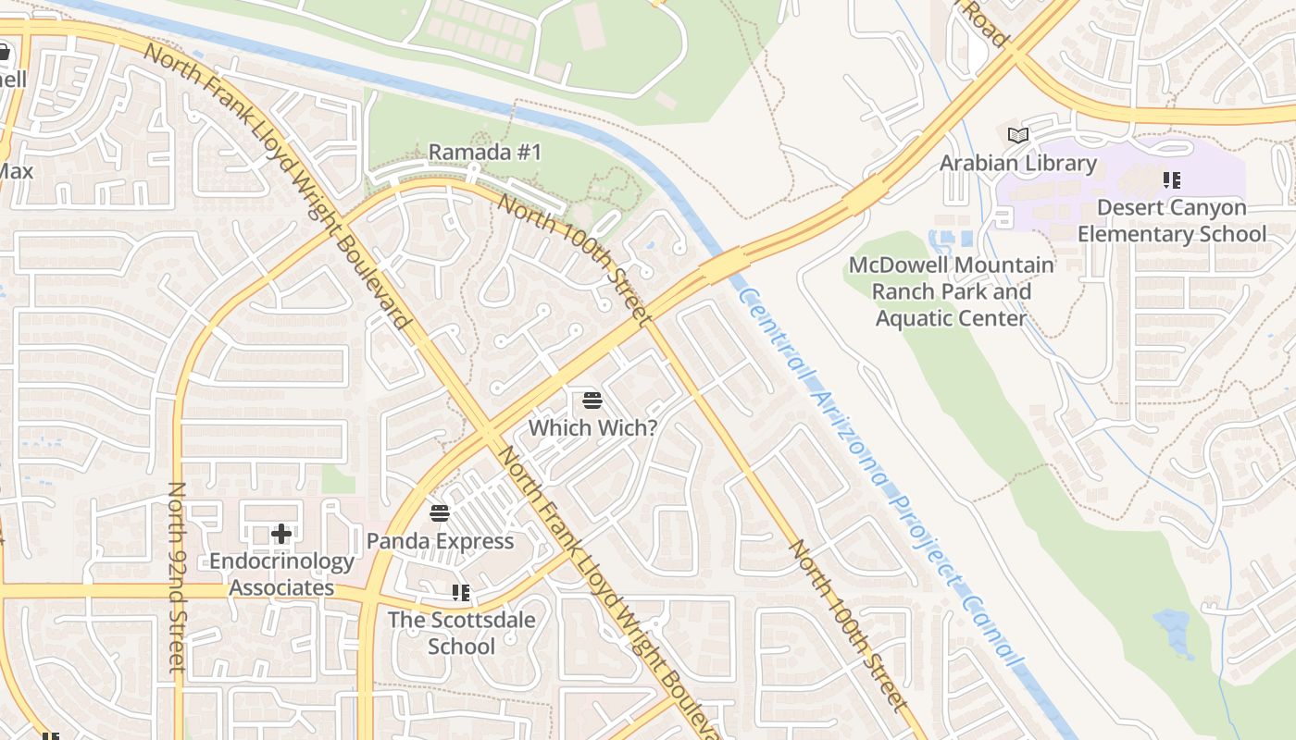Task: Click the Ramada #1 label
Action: [484, 153]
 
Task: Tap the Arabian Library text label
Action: [1018, 164]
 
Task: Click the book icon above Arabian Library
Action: [1018, 136]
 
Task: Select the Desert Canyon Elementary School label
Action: [1171, 221]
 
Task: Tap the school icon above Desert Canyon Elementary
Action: [1172, 179]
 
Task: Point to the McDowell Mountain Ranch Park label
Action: [952, 291]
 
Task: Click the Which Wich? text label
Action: [592, 428]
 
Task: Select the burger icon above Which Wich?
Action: [592, 401]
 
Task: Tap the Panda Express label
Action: [440, 541]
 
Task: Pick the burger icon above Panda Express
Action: [440, 512]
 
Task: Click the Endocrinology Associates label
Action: [281, 574]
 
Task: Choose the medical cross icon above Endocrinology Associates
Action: [281, 534]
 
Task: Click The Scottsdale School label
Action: [461, 633]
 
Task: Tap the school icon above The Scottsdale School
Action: [461, 592]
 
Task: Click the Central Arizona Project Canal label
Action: [879, 476]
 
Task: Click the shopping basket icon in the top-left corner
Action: [5, 52]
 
